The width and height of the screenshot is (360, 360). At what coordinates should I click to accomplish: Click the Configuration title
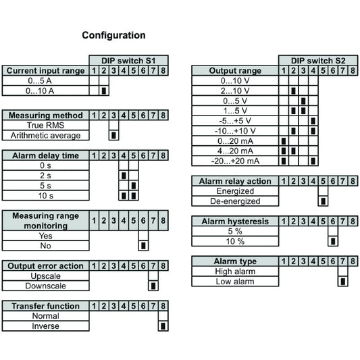tap(113, 35)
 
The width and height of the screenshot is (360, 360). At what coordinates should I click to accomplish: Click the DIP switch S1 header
tap(128, 61)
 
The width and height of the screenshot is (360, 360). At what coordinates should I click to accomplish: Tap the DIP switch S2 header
tap(318, 61)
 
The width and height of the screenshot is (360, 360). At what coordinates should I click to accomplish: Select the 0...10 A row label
tap(40, 91)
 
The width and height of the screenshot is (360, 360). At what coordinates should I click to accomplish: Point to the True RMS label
tap(45, 125)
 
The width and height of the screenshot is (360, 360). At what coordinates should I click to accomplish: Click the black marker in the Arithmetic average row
tap(113, 135)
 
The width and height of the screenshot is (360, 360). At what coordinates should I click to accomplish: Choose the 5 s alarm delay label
tap(45, 186)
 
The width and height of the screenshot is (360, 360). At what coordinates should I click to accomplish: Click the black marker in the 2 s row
tap(124, 176)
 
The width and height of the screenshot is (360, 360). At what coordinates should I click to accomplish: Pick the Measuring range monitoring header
tap(45, 221)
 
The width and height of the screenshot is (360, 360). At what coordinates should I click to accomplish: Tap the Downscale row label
tap(45, 286)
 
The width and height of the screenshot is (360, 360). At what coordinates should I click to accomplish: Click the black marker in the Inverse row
tap(163, 326)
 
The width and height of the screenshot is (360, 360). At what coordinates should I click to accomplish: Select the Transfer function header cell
tap(45, 306)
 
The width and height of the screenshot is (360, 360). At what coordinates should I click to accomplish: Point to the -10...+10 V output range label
tap(235, 131)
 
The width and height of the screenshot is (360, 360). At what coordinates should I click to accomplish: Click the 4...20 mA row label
tap(235, 151)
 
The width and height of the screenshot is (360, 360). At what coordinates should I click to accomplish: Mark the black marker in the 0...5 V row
tap(303, 101)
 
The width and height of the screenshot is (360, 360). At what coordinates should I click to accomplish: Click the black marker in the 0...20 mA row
tap(284, 141)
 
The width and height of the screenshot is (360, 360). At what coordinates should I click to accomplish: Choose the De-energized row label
tap(235, 201)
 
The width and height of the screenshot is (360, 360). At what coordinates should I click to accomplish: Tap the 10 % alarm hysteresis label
tap(235, 241)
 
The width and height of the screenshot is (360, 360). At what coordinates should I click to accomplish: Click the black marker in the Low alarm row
tap(343, 281)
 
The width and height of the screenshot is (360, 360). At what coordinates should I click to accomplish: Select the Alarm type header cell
tap(235, 261)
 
